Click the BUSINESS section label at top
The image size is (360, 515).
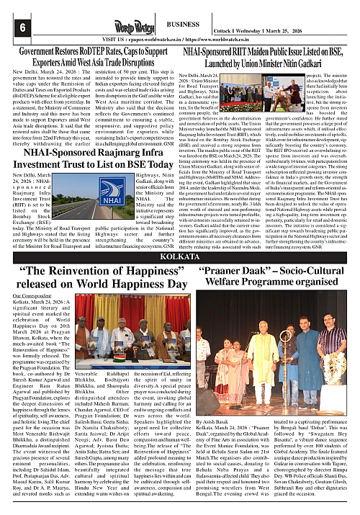click(x=186, y=24)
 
